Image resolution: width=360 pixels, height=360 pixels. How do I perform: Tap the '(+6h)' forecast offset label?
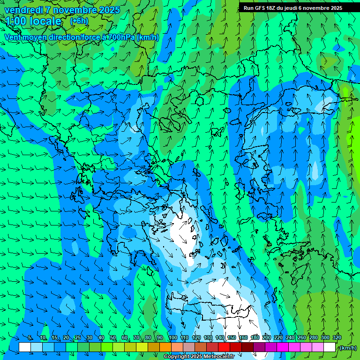[x=79, y=21]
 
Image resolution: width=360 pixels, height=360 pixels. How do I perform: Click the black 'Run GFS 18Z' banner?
[x=292, y=8]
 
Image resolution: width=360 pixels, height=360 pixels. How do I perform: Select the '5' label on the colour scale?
[x=30, y=337]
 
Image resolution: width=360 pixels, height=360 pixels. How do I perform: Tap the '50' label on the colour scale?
[x=113, y=337]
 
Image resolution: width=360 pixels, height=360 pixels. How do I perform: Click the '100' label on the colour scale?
[x=172, y=337]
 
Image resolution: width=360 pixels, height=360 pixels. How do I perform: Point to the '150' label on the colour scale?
[x=232, y=337]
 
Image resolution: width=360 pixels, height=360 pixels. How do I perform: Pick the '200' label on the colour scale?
[x=267, y=337]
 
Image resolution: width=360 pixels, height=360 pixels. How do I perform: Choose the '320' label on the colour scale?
[x=337, y=337]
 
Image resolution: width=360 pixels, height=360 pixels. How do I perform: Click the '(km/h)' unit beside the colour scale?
[x=347, y=347]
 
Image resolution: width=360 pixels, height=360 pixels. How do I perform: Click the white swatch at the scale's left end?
[x=25, y=347]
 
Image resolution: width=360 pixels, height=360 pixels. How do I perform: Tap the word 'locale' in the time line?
[x=45, y=21]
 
